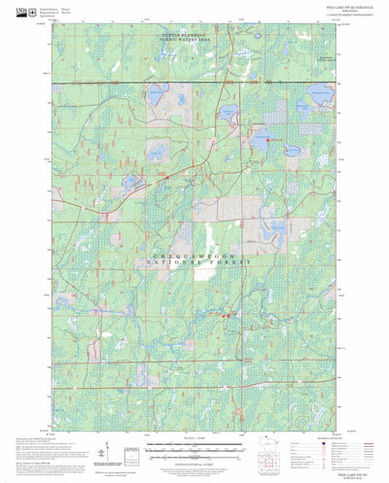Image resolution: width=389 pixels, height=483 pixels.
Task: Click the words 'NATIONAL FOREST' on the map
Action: click(x=198, y=262)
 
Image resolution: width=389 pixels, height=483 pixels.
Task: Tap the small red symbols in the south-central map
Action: click(x=227, y=314)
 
